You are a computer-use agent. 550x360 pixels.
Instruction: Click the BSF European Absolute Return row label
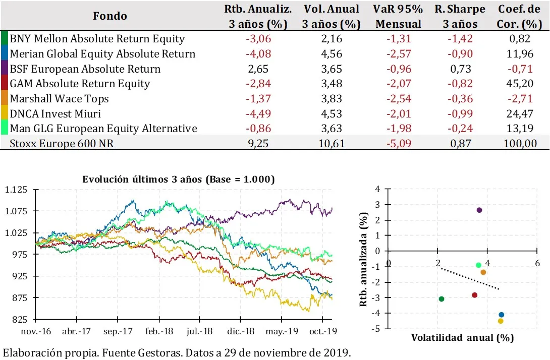click(x=85, y=69)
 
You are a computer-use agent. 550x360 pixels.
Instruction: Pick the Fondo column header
click(x=110, y=16)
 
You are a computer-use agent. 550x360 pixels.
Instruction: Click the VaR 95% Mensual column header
click(x=397, y=16)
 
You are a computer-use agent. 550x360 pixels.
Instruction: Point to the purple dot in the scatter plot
click(x=479, y=210)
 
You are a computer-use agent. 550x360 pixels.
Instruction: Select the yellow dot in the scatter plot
click(x=501, y=321)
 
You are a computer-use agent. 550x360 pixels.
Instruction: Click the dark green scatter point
click(x=442, y=299)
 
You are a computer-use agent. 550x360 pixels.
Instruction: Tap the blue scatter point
click(x=501, y=315)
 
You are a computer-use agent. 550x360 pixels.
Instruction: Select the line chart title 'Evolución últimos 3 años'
click(x=178, y=179)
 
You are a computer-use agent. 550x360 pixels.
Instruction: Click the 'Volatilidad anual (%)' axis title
click(x=462, y=337)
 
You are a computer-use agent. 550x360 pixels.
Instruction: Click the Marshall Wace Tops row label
click(x=60, y=99)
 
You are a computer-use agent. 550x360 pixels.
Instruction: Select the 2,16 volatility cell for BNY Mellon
click(x=332, y=39)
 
